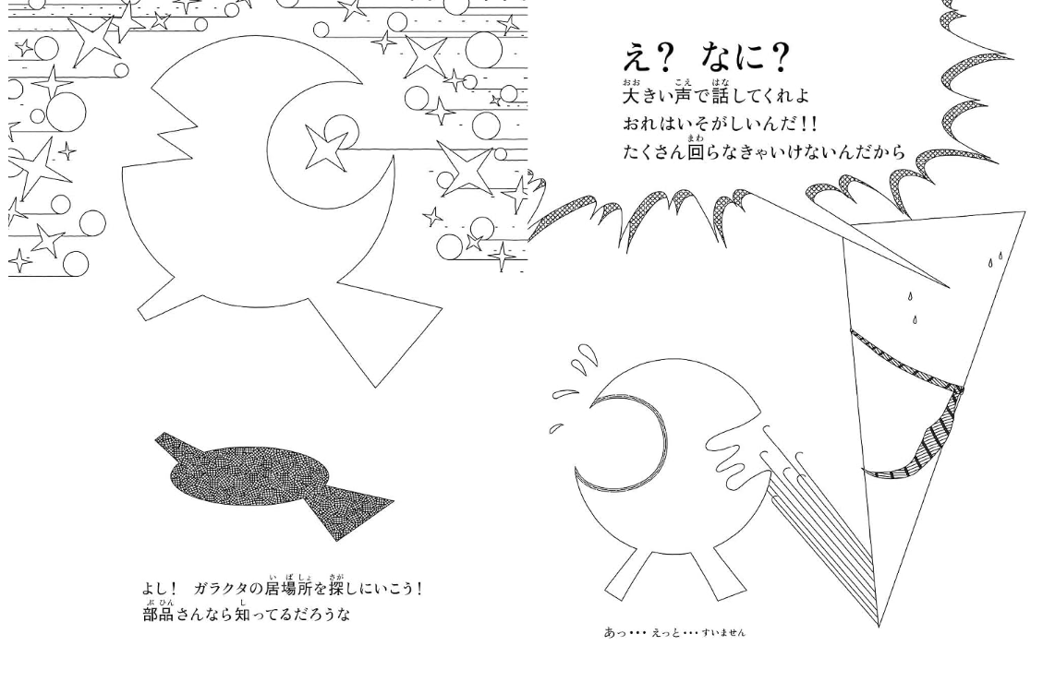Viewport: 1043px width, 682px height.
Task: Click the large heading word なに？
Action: [745, 57]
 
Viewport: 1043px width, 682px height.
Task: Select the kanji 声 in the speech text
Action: [683, 96]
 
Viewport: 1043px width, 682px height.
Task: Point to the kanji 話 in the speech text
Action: [721, 96]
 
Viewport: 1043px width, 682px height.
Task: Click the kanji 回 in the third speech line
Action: [695, 152]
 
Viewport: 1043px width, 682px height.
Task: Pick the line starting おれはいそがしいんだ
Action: [720, 124]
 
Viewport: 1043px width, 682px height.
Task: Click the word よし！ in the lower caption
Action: [160, 589]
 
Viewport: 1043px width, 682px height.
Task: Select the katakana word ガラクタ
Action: [220, 589]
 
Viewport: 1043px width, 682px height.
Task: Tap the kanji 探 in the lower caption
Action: [336, 589]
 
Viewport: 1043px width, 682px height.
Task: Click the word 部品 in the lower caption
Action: [158, 614]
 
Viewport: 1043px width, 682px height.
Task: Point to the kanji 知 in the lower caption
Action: [242, 614]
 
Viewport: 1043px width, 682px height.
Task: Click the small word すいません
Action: [723, 633]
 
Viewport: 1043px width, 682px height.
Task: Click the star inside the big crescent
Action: [325, 147]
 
